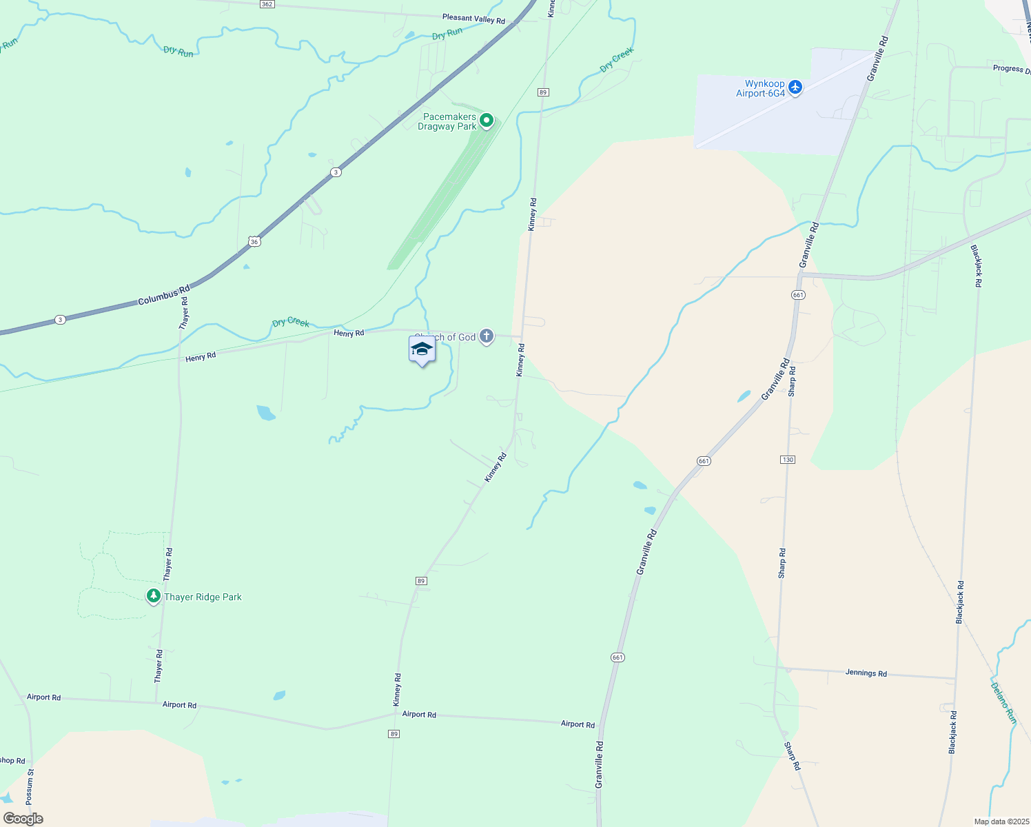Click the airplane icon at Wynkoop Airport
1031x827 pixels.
click(795, 88)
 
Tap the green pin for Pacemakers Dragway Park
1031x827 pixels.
click(487, 121)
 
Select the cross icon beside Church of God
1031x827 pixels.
click(487, 336)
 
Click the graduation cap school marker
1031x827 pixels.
click(422, 349)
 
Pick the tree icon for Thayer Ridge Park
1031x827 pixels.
click(154, 596)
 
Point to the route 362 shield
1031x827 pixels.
click(267, 4)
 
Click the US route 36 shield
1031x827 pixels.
click(255, 241)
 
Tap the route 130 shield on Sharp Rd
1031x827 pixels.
click(788, 459)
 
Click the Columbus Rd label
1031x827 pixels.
click(163, 296)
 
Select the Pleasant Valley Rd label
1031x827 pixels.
click(473, 19)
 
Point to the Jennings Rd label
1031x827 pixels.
click(866, 673)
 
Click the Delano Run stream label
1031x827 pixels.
click(1003, 702)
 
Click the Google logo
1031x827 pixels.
click(23, 819)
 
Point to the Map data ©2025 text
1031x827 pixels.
click(1001, 821)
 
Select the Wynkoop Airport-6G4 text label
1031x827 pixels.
click(760, 88)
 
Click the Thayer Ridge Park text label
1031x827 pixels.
click(203, 597)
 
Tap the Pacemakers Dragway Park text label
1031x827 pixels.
click(447, 121)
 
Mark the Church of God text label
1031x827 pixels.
click(445, 337)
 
